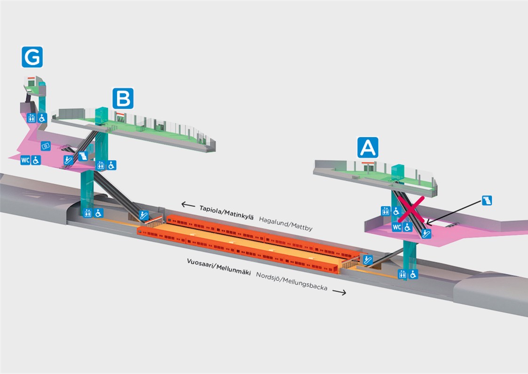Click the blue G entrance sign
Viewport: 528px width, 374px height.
tap(32, 57)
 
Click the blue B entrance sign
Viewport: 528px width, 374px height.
tap(123, 98)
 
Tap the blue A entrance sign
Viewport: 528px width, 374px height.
tap(368, 147)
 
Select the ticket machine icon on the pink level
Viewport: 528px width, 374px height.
tap(46, 146)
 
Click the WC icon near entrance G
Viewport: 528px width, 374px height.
tap(25, 160)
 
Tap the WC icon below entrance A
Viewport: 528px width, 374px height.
tap(397, 227)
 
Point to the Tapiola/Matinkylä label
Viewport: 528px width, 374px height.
tap(226, 212)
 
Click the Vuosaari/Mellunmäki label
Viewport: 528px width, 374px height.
tap(219, 267)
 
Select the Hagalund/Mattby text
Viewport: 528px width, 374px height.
tap(285, 224)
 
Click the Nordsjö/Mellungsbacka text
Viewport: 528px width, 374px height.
tap(292, 281)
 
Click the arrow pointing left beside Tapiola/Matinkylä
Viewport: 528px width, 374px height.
tap(188, 204)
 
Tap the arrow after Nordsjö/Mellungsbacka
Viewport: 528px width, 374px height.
tap(339, 292)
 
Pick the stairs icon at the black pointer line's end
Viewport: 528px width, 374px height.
tap(487, 200)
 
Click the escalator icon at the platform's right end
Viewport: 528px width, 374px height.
tap(368, 260)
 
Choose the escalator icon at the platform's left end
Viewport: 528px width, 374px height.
tap(144, 215)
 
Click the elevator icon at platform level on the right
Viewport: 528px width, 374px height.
tap(402, 274)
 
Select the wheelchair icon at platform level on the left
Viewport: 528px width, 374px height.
tap(98, 213)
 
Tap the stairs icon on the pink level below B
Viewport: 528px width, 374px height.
tap(83, 156)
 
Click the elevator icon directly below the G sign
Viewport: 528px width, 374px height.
tap(32, 118)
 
